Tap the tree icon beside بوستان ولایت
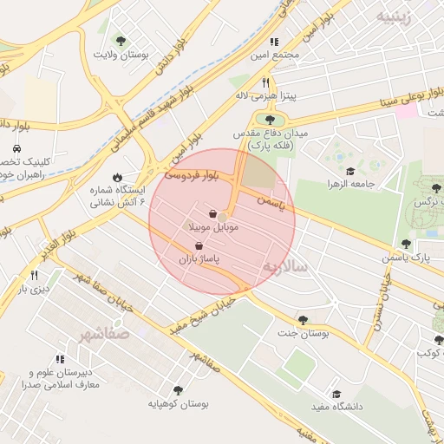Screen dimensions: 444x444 121,41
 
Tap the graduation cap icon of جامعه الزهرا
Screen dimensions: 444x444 350,171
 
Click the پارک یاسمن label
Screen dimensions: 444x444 406,258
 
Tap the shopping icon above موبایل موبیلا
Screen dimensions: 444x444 213,213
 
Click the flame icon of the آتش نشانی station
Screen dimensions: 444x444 117,174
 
